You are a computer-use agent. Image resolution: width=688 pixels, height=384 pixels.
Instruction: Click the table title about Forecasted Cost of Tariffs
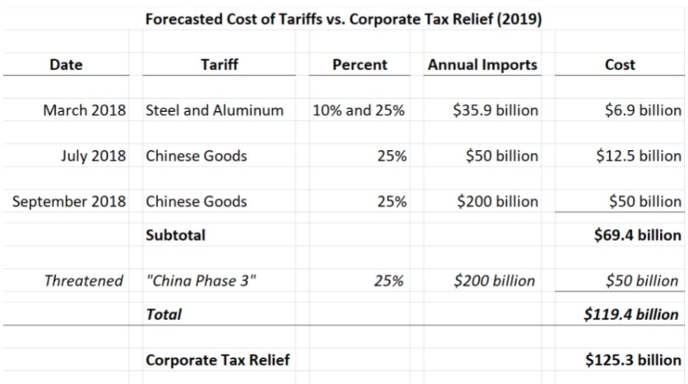tap(343, 19)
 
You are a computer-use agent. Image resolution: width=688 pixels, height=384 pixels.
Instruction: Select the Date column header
tap(66, 65)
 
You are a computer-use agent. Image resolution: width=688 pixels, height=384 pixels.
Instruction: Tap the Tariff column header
tap(219, 65)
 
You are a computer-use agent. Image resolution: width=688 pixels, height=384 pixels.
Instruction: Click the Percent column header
tap(360, 65)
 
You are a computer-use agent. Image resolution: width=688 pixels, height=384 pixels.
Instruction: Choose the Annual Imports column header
tap(482, 65)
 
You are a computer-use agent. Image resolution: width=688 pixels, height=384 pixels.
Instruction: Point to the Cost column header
tap(620, 65)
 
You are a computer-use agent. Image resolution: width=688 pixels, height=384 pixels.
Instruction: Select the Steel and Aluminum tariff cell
tap(215, 110)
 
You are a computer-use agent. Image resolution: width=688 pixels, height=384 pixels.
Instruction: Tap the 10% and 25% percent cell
tap(359, 110)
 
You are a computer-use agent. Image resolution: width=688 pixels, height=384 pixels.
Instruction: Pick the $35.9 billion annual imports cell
tap(495, 110)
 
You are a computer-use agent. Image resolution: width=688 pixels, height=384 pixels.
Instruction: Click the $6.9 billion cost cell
tap(638, 110)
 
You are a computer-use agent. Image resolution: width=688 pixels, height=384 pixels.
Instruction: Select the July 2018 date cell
tap(94, 156)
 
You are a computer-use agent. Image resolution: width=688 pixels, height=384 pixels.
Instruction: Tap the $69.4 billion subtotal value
tap(637, 235)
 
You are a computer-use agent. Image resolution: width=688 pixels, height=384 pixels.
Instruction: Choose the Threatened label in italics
tap(84, 281)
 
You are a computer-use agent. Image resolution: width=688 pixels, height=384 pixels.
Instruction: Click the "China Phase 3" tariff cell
tap(201, 281)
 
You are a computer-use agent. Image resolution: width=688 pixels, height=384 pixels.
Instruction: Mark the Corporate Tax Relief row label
tap(217, 360)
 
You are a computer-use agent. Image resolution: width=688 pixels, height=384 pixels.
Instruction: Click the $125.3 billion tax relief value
tap(633, 360)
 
